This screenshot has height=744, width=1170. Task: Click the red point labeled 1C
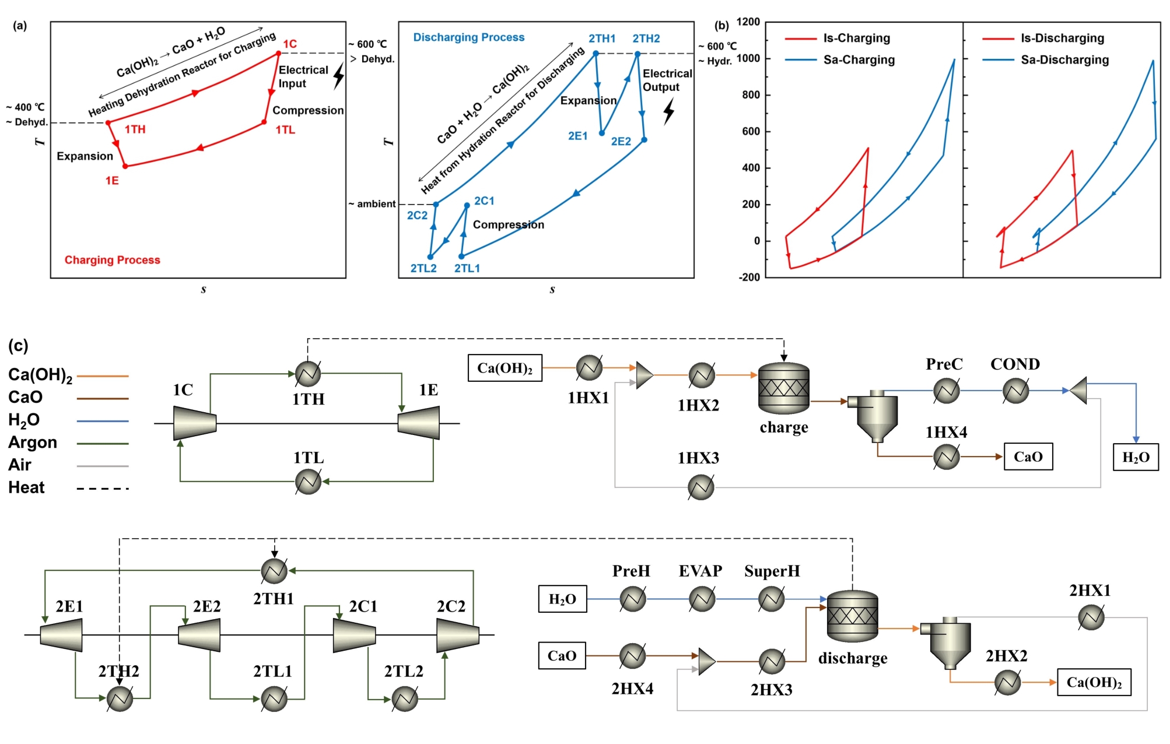click(279, 53)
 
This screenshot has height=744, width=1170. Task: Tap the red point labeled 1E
click(125, 166)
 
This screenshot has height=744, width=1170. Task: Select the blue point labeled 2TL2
click(430, 257)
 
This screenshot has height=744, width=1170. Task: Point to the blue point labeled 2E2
click(644, 140)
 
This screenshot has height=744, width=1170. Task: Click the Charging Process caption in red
click(112, 260)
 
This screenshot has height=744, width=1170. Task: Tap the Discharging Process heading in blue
click(468, 37)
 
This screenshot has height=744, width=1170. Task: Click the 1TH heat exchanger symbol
click(308, 374)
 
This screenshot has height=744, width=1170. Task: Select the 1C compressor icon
click(195, 423)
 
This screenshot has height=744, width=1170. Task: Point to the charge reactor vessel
click(783, 388)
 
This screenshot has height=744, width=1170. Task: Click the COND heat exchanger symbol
click(1015, 391)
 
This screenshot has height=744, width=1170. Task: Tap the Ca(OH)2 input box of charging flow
click(505, 368)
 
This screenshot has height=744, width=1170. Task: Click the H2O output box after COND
click(1136, 457)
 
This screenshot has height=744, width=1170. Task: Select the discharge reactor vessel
click(852, 616)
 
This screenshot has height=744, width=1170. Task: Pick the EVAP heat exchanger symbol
click(702, 599)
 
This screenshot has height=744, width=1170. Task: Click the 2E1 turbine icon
click(61, 634)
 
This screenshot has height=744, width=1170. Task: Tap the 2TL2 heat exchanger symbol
click(405, 699)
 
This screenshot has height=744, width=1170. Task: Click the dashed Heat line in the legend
click(103, 489)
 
